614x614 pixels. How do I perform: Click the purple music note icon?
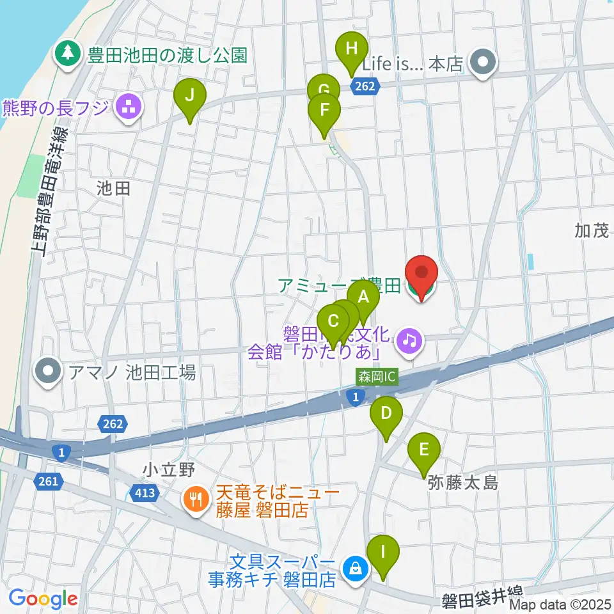tap(409, 339)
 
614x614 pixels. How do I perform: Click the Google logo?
tap(43, 599)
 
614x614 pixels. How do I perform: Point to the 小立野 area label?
tap(168, 470)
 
